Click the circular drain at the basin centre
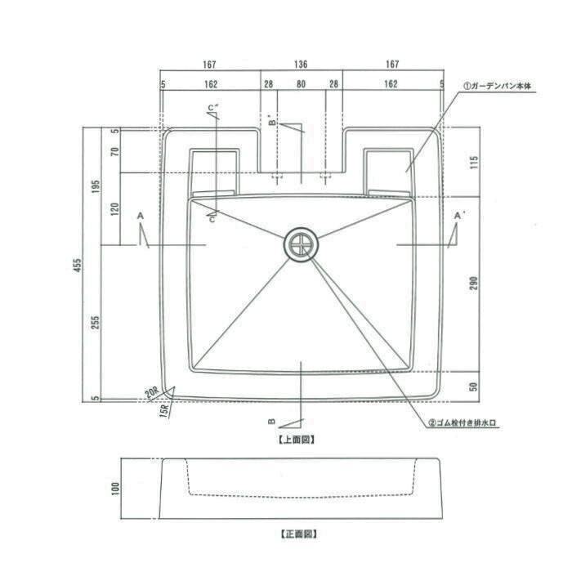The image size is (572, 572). pyautogui.click(x=301, y=244)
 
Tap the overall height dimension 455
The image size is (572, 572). pyautogui.click(x=78, y=266)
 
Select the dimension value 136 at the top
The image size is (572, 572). pyautogui.click(x=301, y=65)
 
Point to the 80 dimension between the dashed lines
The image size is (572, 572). pyautogui.click(x=301, y=84)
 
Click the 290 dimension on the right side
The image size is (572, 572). pyautogui.click(x=473, y=283)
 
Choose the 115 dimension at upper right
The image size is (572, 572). pyautogui.click(x=473, y=162)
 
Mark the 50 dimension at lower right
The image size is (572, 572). pyautogui.click(x=473, y=387)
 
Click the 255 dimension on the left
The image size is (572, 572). pyautogui.click(x=96, y=323)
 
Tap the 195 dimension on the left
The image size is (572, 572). pyautogui.click(x=96, y=187)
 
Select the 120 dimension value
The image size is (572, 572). pyautogui.click(x=114, y=208)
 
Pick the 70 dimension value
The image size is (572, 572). pyautogui.click(x=114, y=151)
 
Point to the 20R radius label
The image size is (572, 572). pyautogui.click(x=152, y=392)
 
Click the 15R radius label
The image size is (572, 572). pyautogui.click(x=164, y=410)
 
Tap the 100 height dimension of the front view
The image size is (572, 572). pyautogui.click(x=115, y=489)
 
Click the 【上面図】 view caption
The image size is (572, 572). pyautogui.click(x=297, y=440)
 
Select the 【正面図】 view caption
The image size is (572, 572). pyautogui.click(x=299, y=534)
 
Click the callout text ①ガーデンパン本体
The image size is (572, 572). pyautogui.click(x=497, y=86)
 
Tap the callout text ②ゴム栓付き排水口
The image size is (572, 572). pyautogui.click(x=463, y=423)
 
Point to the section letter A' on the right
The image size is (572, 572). pyautogui.click(x=458, y=216)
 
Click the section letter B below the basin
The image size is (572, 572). pyautogui.click(x=272, y=422)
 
